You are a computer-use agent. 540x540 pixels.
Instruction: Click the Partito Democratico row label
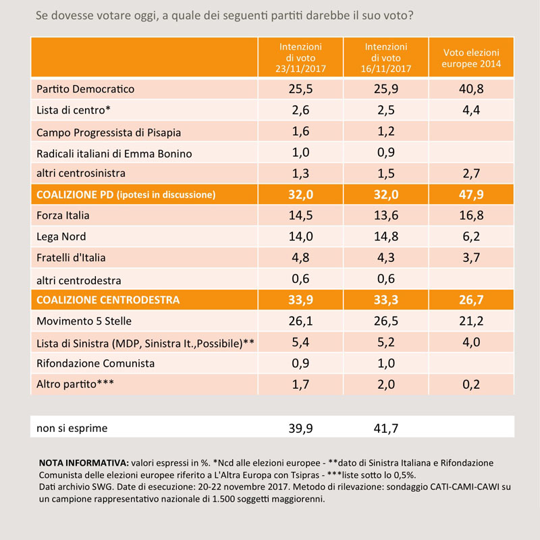(86, 89)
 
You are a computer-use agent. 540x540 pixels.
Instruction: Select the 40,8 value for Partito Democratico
(471, 89)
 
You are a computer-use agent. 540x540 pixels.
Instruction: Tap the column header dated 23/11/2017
(300, 57)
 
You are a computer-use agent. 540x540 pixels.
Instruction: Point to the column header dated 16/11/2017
(385, 57)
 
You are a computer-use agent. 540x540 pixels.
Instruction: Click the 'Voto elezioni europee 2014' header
(471, 58)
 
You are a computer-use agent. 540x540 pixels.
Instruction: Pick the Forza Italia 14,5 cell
(300, 215)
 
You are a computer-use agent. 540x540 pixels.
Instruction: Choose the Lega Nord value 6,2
(471, 237)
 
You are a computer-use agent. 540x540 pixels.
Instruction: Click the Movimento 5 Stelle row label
(84, 321)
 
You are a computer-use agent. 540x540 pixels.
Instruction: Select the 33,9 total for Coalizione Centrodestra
(300, 300)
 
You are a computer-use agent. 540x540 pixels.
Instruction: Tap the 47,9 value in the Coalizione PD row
(471, 194)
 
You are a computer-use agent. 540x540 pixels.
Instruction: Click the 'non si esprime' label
(72, 428)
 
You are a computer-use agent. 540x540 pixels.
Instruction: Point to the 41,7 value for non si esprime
(385, 429)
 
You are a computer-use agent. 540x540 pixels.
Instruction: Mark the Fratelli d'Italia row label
(71, 258)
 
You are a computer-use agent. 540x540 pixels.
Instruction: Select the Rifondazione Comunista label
(95, 363)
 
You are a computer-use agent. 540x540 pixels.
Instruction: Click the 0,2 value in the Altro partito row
(471, 384)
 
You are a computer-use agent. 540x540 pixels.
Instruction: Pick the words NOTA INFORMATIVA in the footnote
(84, 462)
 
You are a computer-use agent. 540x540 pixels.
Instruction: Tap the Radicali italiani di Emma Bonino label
(114, 154)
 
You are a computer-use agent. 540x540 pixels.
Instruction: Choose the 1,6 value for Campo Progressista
(300, 131)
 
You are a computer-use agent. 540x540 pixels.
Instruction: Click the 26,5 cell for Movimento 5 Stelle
(385, 321)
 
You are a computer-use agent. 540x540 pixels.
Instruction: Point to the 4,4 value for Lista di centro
(471, 110)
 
